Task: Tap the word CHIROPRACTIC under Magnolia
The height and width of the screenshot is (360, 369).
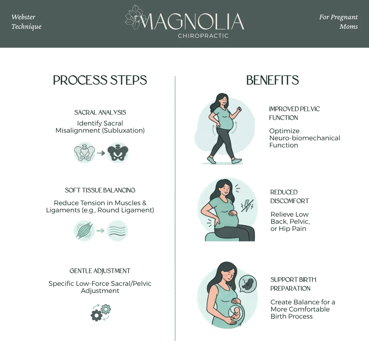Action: point(203,36)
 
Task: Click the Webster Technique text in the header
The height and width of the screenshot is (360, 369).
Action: point(26,22)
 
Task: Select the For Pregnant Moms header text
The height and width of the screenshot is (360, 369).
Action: point(338,22)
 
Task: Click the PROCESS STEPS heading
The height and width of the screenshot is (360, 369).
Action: point(100,80)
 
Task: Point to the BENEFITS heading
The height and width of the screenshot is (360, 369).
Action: point(272,80)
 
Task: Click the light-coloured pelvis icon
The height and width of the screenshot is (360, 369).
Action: point(85,152)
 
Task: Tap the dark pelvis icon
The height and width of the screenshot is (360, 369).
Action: point(118,152)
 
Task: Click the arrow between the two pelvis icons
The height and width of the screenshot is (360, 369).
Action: point(101,153)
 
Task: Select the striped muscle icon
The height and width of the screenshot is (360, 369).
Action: point(84,230)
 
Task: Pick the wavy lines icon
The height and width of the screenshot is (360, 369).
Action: point(117,230)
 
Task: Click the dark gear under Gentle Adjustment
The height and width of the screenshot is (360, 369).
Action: point(97,315)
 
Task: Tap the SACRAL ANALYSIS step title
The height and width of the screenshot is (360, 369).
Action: point(100,112)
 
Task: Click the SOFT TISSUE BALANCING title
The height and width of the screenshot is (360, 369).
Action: point(100,190)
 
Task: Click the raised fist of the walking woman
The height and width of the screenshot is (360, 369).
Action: point(239,109)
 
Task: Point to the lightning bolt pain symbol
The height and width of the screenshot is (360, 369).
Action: point(247,205)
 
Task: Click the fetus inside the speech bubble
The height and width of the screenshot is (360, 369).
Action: point(248,283)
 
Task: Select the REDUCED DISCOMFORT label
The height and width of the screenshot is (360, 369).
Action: point(289,196)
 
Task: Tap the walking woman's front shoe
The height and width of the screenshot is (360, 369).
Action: point(237,161)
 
